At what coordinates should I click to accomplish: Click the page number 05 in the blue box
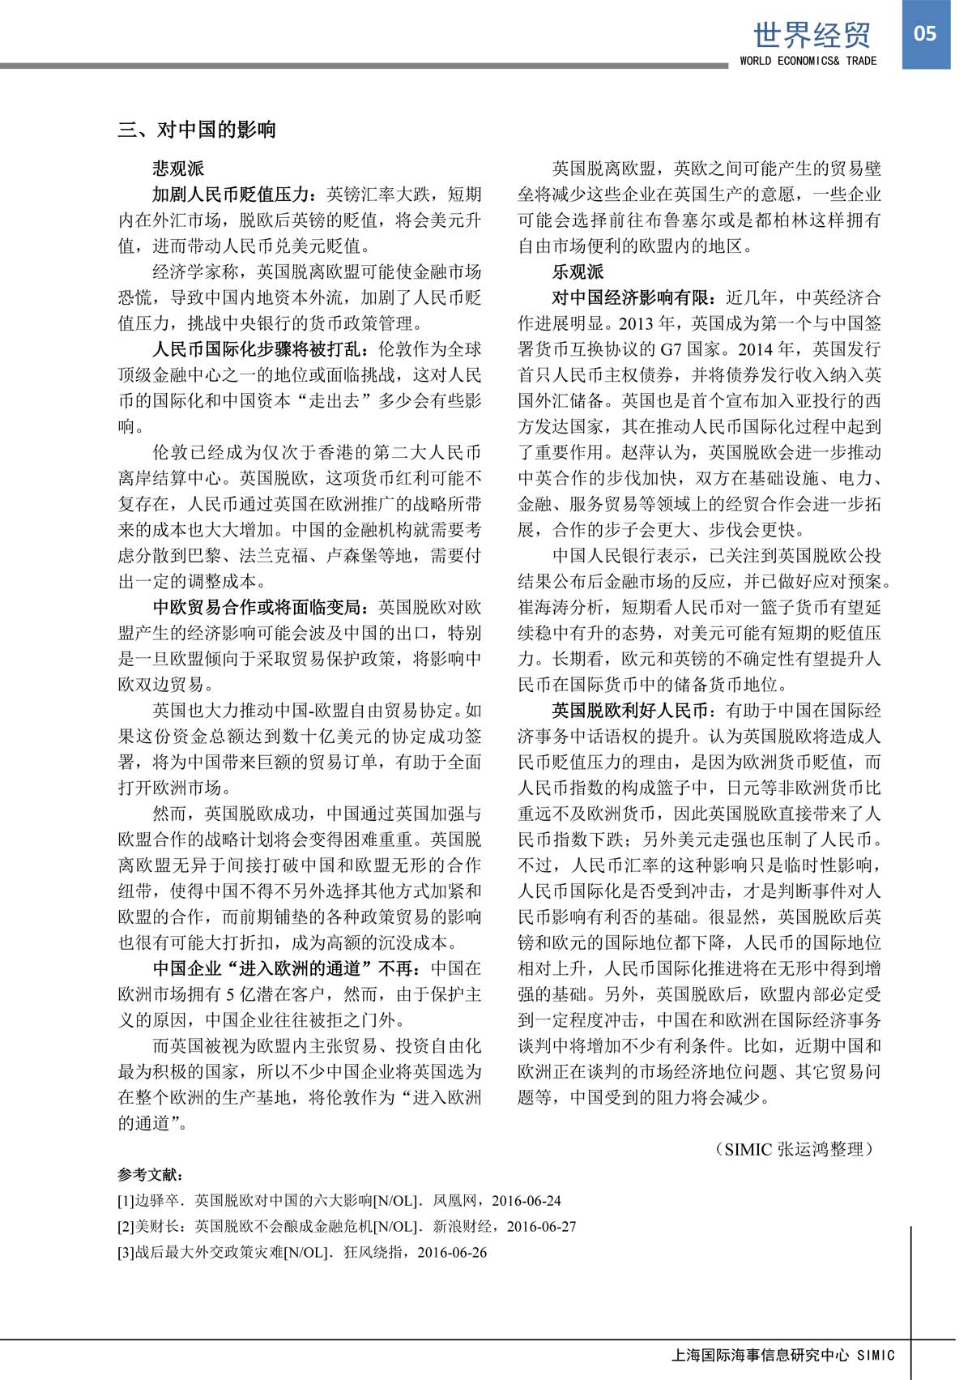924,34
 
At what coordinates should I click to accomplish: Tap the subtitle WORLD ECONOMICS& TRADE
808,61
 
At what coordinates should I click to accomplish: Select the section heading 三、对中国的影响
197,130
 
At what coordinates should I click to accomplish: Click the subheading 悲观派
179,169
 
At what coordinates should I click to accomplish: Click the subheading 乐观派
578,271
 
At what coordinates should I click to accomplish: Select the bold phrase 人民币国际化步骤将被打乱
258,349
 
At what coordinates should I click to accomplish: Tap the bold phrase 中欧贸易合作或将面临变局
258,607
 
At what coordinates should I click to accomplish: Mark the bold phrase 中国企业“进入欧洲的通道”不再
283,968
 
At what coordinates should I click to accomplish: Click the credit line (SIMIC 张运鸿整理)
797,1149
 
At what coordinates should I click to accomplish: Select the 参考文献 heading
151,1175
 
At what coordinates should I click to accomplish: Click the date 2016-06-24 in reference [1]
526,1201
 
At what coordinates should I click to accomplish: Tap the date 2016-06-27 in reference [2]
541,1227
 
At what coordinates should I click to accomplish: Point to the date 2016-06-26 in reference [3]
452,1253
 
